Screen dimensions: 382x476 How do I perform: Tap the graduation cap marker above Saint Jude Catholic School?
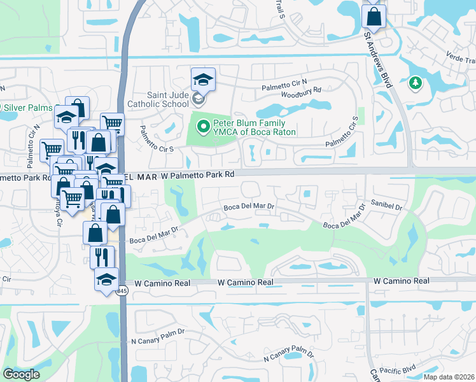203,80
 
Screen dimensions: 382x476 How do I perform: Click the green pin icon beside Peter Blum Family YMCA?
204,127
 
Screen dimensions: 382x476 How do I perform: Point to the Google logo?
22,374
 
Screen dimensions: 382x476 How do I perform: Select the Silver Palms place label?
29,107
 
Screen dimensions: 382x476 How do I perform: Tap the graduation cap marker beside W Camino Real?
106,279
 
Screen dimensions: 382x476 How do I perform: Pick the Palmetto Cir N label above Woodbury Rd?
284,82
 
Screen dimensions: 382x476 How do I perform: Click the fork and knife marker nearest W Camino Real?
102,257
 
